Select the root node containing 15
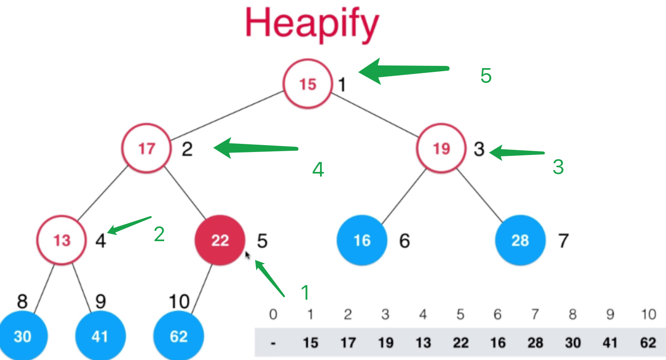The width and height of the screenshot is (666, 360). [x=308, y=84]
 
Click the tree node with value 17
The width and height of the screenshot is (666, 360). [x=146, y=149]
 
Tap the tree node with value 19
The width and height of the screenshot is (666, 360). [x=441, y=149]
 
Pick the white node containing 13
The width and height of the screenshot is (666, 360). [x=62, y=240]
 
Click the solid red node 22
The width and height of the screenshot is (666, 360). [x=220, y=240]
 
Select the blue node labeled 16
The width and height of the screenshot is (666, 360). [x=362, y=240]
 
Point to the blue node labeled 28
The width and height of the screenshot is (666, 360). [x=520, y=240]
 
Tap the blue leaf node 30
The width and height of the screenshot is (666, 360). [x=22, y=336]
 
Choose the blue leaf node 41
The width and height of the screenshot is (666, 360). [x=100, y=336]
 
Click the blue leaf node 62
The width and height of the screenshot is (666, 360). [x=179, y=336]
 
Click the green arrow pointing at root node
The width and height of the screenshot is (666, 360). [x=403, y=71]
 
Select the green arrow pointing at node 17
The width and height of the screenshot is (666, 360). [x=255, y=149]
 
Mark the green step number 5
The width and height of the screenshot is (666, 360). [x=486, y=76]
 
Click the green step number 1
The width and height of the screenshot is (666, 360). [x=305, y=293]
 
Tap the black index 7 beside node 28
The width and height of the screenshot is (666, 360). [x=563, y=241]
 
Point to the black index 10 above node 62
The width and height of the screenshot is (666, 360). [x=179, y=301]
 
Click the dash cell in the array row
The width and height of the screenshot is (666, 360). [x=273, y=343]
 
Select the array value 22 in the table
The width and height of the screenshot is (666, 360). [x=460, y=343]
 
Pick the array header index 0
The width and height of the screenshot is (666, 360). [x=273, y=315]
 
